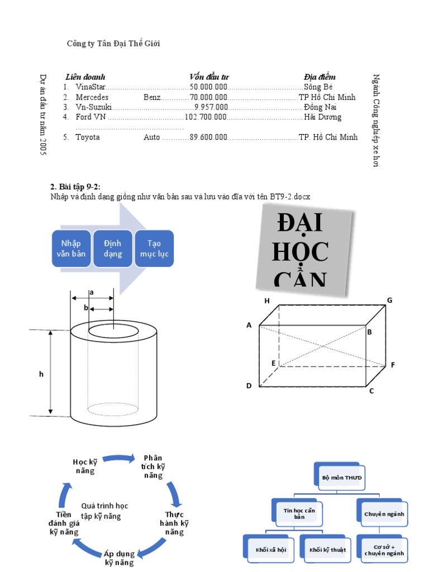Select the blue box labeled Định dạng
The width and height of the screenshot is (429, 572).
[x=112, y=249]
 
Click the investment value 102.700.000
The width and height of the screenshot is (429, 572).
[x=205, y=117]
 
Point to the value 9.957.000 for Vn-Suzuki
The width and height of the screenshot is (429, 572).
[x=211, y=107]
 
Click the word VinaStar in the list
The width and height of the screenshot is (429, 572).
[x=90, y=87]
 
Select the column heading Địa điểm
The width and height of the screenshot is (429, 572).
[x=320, y=77]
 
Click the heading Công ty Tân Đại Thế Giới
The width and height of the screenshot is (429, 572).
[x=113, y=44]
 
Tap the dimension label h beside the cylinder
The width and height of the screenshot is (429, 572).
[x=41, y=374]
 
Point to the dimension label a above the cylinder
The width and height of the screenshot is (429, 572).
[x=92, y=292]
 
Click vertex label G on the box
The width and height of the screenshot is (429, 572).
[x=390, y=301]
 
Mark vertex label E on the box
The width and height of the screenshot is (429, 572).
[x=274, y=363]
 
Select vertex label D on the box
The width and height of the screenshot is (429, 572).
[x=249, y=385]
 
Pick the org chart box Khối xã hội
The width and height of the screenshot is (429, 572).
[x=271, y=550]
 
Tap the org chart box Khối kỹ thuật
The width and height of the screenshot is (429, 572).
[x=327, y=550]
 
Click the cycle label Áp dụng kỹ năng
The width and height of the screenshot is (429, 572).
[x=119, y=558]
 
